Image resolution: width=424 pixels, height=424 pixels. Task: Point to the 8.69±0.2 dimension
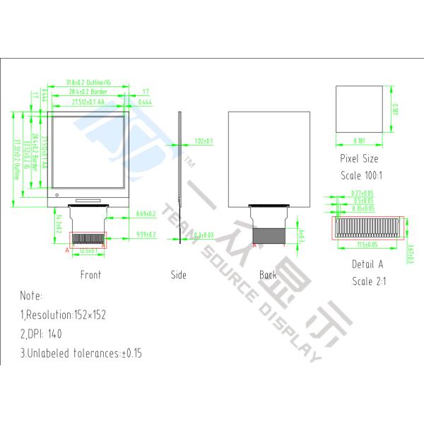pyautogui.click(x=146, y=213)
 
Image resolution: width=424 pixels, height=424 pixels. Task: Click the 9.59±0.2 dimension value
pyautogui.click(x=146, y=234)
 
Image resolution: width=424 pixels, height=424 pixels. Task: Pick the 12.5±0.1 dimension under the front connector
pyautogui.click(x=88, y=251)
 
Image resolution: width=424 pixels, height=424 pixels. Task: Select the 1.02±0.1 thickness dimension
pyautogui.click(x=204, y=141)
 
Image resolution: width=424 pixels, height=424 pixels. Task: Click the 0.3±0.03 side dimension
pyautogui.click(x=204, y=234)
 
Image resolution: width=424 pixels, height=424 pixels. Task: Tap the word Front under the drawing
pyautogui.click(x=90, y=275)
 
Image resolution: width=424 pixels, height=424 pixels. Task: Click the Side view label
pyautogui.click(x=179, y=275)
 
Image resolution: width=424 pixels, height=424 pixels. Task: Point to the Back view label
pyautogui.click(x=268, y=275)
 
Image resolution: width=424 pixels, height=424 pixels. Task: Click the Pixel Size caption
pyautogui.click(x=359, y=159)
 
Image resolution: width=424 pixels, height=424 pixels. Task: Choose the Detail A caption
pyautogui.click(x=367, y=264)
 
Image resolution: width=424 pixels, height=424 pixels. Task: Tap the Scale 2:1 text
pyautogui.click(x=367, y=281)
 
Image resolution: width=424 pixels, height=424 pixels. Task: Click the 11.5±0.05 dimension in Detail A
pyautogui.click(x=367, y=245)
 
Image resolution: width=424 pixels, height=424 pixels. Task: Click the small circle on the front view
pyautogui.click(x=56, y=194)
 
